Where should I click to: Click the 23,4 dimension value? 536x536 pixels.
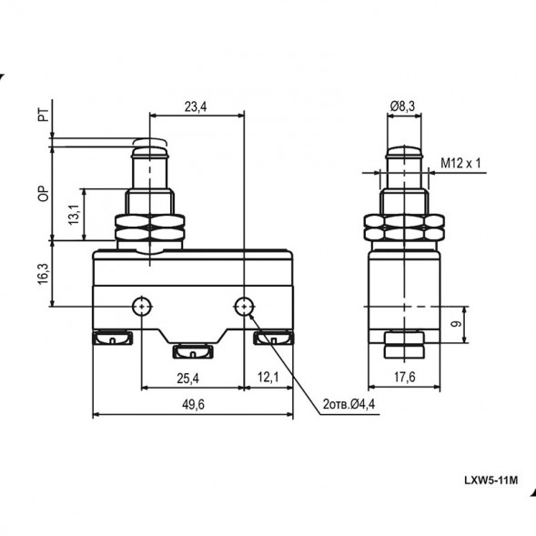[x=195, y=106]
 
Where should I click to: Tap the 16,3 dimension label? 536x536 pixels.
[x=43, y=273]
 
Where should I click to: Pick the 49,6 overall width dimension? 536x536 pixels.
[x=192, y=406]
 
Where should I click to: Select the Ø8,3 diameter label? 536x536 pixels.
[x=402, y=106]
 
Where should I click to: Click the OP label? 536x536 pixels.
[x=43, y=194]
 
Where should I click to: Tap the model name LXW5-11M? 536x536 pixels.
[x=490, y=480]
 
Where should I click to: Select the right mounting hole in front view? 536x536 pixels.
[x=244, y=305]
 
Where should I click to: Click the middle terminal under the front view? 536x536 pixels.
[x=192, y=351]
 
